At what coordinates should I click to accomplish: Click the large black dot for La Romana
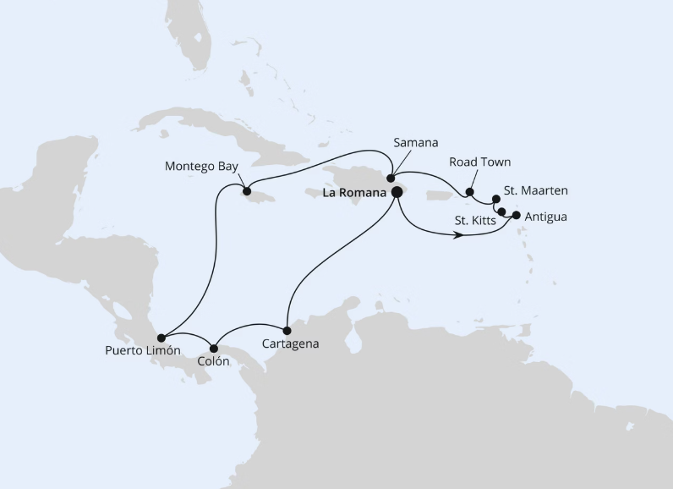tap(396, 192)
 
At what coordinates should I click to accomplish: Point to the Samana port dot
tap(391, 179)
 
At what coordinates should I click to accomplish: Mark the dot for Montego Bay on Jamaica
tap(248, 191)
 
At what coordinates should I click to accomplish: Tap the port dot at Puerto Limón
tap(161, 338)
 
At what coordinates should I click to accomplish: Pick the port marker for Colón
tap(214, 347)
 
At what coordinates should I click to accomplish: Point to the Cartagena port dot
tap(287, 330)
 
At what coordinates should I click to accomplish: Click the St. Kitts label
tap(475, 221)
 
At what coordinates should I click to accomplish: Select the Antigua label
tap(545, 217)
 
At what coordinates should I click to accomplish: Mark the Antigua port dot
tap(517, 215)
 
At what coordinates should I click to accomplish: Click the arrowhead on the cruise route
tap(459, 235)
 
